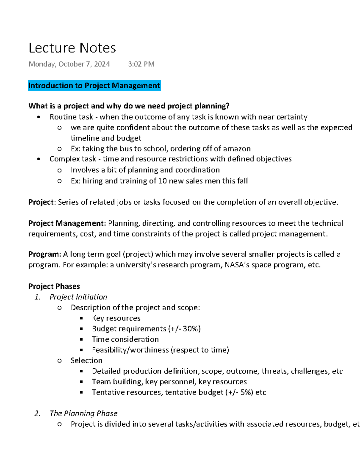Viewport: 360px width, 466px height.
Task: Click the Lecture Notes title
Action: click(x=72, y=48)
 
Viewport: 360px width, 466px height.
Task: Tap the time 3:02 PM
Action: click(x=141, y=64)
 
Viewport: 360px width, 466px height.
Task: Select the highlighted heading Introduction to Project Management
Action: click(x=94, y=86)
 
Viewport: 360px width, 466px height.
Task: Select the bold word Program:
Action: click(x=45, y=254)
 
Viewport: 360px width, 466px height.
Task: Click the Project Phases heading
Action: click(x=54, y=286)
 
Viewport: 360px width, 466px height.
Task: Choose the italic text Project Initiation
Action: click(x=78, y=297)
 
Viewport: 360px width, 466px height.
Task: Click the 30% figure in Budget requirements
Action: click(x=191, y=329)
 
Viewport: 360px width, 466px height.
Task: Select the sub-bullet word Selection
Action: click(x=86, y=361)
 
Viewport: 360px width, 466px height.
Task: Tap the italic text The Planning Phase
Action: click(x=83, y=413)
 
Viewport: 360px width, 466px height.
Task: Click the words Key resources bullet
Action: click(x=116, y=318)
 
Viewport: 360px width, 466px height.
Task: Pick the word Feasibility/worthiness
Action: click(x=130, y=350)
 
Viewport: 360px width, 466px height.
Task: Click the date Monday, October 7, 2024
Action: click(x=69, y=64)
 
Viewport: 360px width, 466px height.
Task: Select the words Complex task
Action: click(x=73, y=159)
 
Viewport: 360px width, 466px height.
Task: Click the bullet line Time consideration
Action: click(x=125, y=339)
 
